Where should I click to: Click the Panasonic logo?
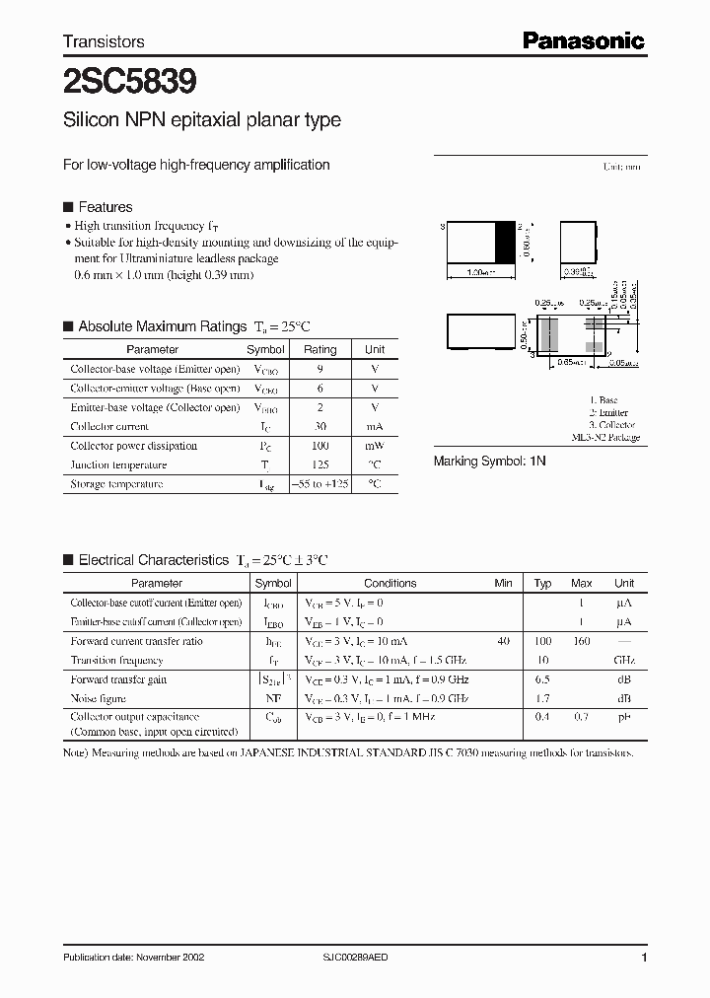tap(583, 40)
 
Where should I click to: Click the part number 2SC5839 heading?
tap(129, 81)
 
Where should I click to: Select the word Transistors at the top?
tap(104, 41)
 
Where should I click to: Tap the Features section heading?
tap(105, 207)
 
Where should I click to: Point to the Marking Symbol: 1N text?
tap(490, 461)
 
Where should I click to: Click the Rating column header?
tap(319, 349)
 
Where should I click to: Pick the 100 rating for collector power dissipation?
tap(319, 446)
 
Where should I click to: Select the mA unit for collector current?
tap(375, 427)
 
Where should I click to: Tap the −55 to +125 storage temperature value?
tap(319, 484)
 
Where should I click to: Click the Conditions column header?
tap(390, 583)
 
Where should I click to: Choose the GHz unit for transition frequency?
tap(623, 660)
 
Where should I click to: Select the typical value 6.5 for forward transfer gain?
tap(542, 679)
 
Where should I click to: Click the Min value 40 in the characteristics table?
tap(503, 641)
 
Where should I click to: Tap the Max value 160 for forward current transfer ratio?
tap(582, 641)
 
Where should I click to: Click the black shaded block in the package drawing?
tap(504, 242)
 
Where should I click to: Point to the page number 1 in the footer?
tap(644, 958)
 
